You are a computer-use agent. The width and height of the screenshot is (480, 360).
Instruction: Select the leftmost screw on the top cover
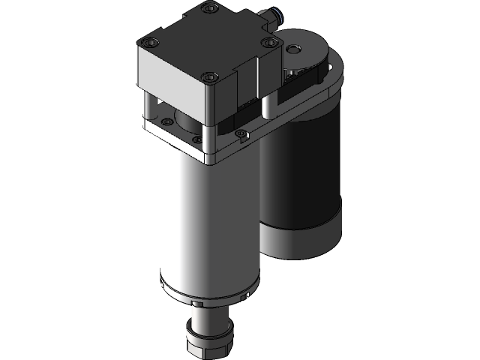tap(153, 42)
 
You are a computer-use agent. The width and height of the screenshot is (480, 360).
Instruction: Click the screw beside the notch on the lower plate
tap(241, 135)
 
